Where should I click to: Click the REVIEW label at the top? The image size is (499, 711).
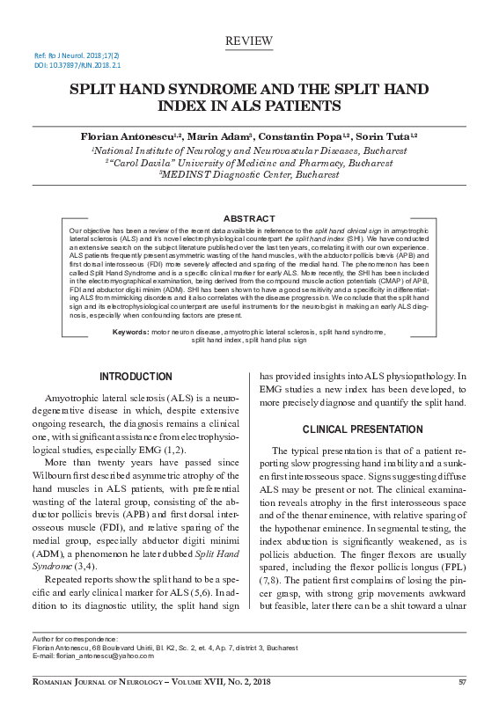click(x=249, y=41)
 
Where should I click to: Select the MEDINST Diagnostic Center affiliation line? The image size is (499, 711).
click(x=249, y=174)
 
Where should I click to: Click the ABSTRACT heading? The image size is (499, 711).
click(x=249, y=217)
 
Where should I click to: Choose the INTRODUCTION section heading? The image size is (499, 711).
click(x=136, y=377)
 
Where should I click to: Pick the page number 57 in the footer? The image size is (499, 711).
click(x=462, y=682)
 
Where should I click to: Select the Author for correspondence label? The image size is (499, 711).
click(x=75, y=637)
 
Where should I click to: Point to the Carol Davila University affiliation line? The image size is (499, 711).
click(x=249, y=162)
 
